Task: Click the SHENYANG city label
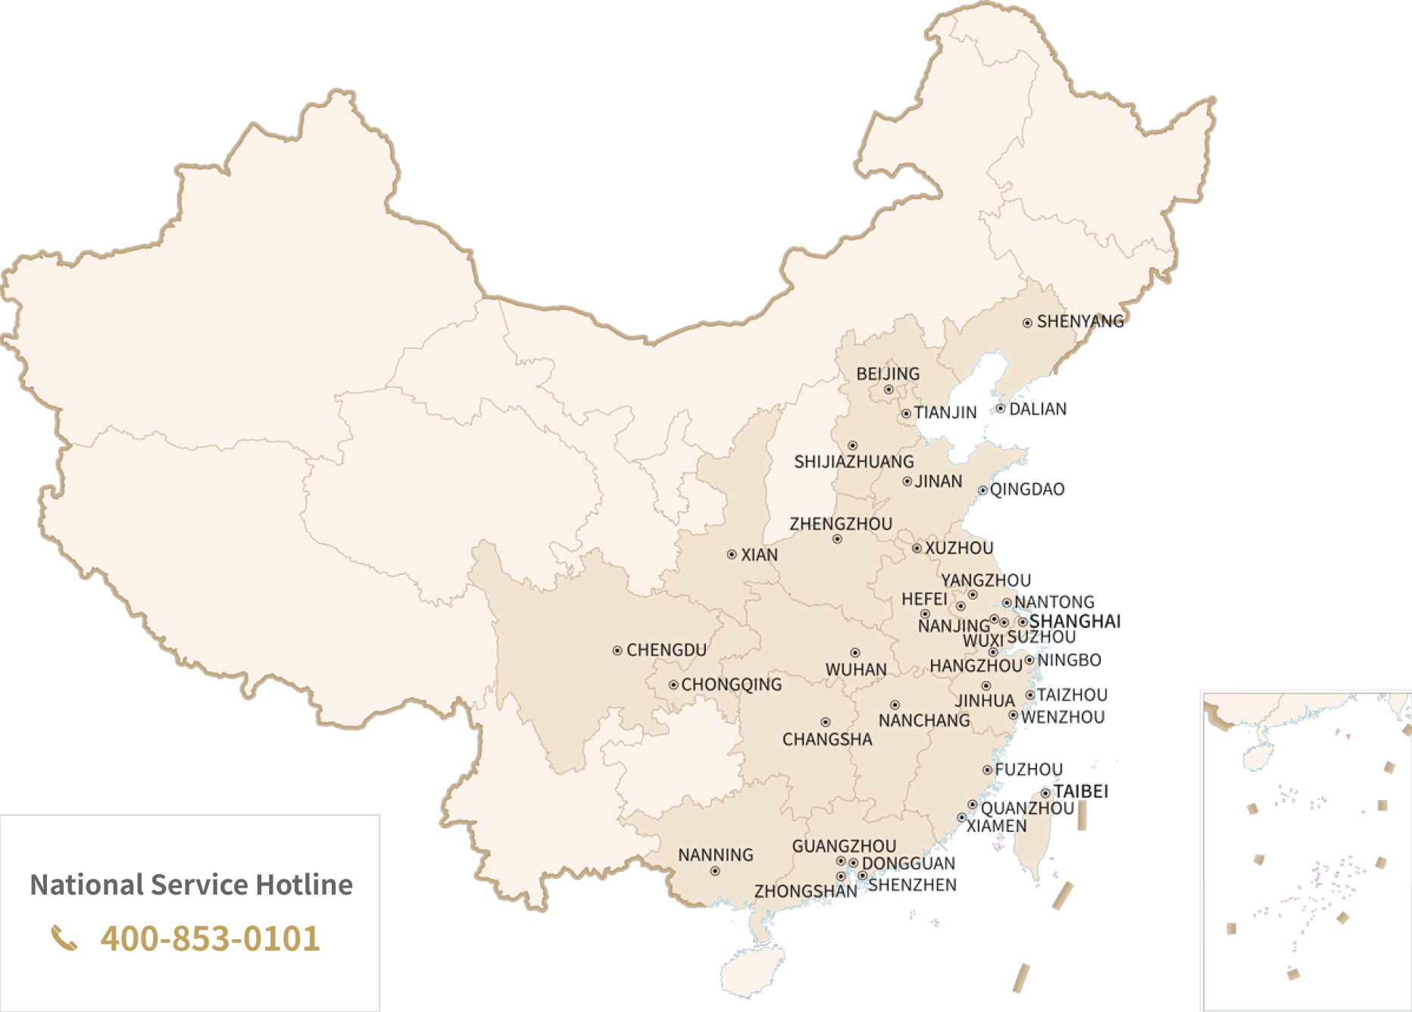click(1079, 321)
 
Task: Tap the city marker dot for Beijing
click(889, 390)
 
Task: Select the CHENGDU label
click(666, 650)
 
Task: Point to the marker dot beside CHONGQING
click(673, 685)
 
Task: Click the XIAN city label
click(759, 555)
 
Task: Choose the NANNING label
click(715, 855)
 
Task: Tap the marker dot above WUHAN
click(854, 652)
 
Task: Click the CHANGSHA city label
click(826, 739)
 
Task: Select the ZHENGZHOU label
click(841, 524)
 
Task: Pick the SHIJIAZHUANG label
click(854, 462)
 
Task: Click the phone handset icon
click(64, 938)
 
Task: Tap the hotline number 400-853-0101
click(210, 938)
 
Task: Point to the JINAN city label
click(938, 482)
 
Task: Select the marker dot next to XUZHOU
click(917, 548)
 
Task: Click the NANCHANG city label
click(923, 720)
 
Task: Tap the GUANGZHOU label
click(844, 846)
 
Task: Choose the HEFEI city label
click(924, 599)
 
